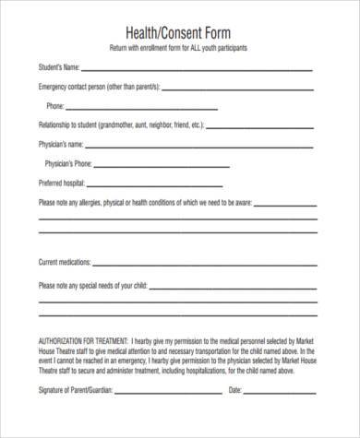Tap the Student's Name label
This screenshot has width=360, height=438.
(58, 68)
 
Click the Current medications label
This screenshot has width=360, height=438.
(67, 263)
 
